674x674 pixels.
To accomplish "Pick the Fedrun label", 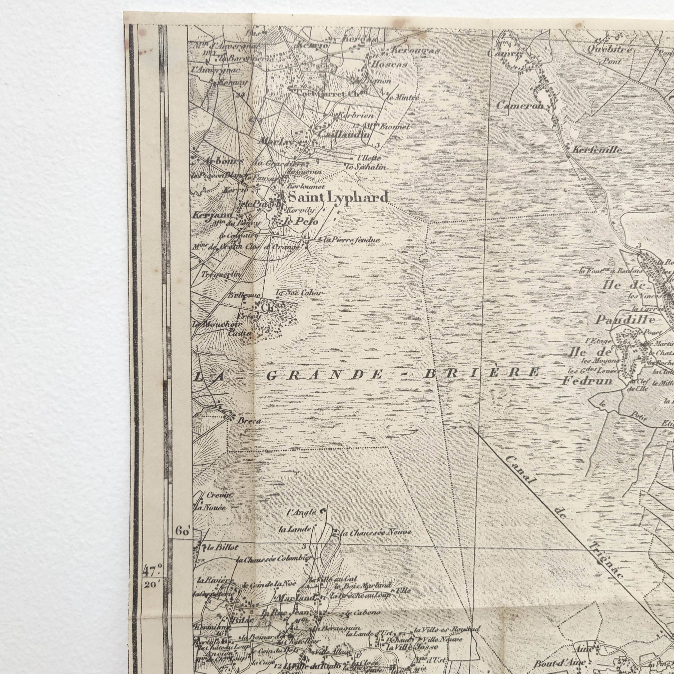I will point(587,381).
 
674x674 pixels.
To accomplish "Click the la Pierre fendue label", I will point(352,240).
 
